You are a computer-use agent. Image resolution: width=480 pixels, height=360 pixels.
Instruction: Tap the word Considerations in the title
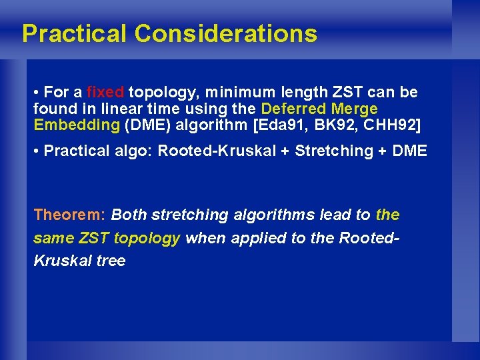225,33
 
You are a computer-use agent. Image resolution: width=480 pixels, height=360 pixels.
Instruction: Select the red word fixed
105,92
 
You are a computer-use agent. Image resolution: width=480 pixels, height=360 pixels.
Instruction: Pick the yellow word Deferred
291,108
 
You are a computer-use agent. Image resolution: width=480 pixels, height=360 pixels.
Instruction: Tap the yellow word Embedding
77,125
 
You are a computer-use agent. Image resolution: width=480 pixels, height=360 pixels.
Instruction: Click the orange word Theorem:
69,215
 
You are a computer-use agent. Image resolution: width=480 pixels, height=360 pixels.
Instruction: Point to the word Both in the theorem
129,215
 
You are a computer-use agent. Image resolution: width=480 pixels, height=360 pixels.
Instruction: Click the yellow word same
52,238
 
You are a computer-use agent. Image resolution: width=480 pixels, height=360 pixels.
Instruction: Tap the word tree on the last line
111,261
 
